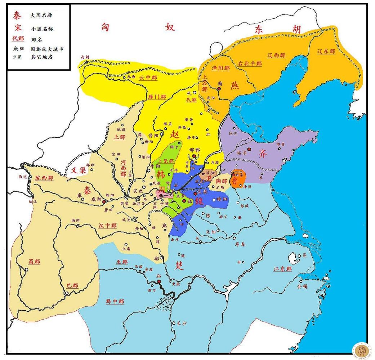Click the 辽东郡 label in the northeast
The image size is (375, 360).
(x=326, y=52)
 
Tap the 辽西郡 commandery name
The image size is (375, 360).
(x=276, y=55)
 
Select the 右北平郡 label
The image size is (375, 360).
(x=250, y=64)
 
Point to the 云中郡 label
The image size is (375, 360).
(x=148, y=77)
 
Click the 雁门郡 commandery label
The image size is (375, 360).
(x=157, y=97)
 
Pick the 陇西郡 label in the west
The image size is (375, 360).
(x=44, y=178)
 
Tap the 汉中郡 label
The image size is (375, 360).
(x=107, y=226)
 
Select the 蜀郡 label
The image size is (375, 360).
(x=35, y=262)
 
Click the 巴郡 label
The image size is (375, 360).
(x=72, y=285)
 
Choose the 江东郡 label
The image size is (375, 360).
(x=282, y=269)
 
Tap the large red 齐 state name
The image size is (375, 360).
(x=263, y=154)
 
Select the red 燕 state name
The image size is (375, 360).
(x=235, y=85)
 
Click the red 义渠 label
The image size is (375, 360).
(x=78, y=170)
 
